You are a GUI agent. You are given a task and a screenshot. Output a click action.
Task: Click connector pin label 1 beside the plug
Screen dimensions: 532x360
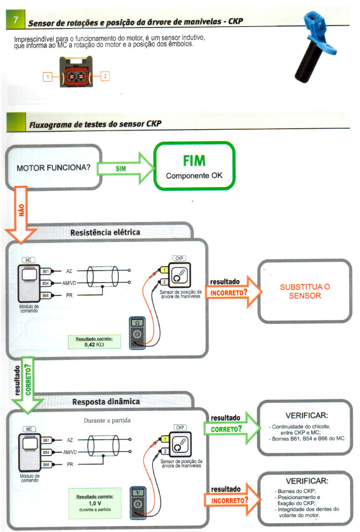[x=47, y=76]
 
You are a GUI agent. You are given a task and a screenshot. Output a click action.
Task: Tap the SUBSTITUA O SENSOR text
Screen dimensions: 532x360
[x=305, y=291]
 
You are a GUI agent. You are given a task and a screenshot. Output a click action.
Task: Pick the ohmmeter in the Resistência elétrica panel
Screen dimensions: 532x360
[x=137, y=331]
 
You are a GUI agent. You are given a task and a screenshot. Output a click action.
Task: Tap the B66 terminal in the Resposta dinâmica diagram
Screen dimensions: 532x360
[x=45, y=465]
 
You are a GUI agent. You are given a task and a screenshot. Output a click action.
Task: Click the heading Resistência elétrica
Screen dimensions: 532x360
[x=106, y=232]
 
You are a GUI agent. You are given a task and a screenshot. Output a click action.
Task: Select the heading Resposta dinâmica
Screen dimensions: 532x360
[x=106, y=401]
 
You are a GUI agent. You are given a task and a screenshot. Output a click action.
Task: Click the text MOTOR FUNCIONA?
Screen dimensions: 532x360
[x=53, y=168]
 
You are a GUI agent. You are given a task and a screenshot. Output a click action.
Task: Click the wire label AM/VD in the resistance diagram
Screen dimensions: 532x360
[x=69, y=283]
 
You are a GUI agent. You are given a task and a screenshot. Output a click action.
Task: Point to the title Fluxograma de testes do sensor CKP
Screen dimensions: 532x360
[x=95, y=123]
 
